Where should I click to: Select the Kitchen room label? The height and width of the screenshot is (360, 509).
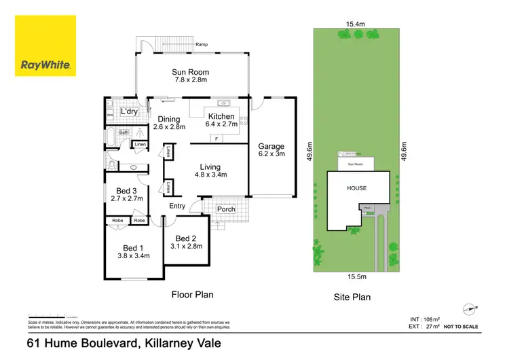click(221, 116)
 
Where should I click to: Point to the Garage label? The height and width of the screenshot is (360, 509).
click(271, 146)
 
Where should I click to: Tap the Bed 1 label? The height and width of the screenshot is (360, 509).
click(132, 248)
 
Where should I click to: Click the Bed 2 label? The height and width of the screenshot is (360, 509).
click(185, 238)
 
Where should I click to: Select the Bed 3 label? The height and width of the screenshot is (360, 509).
click(126, 191)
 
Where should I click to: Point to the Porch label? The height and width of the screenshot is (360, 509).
click(225, 209)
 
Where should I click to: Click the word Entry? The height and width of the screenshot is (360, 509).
click(177, 206)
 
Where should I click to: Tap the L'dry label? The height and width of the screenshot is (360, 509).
click(128, 111)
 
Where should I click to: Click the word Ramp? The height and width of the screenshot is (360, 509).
click(202, 45)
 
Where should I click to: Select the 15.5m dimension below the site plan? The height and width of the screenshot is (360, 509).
click(356, 277)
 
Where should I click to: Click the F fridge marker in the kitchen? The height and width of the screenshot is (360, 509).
click(216, 139)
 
